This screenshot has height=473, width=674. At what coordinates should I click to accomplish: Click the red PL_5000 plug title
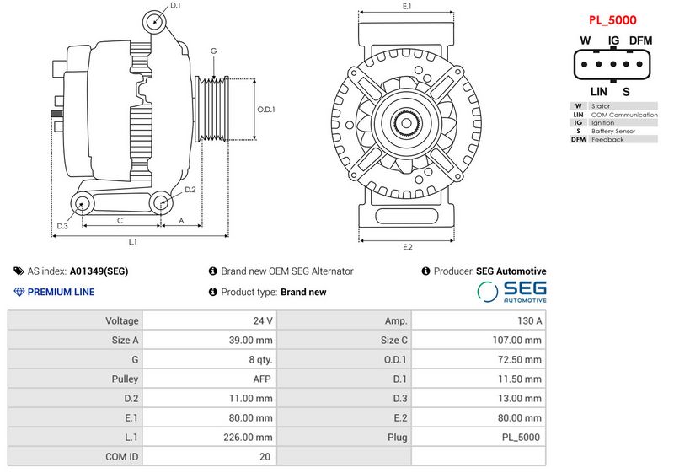click(612, 19)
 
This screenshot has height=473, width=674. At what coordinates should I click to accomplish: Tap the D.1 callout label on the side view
click(174, 6)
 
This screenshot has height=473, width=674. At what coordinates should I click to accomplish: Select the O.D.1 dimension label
click(266, 110)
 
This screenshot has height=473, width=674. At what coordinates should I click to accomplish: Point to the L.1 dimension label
click(133, 242)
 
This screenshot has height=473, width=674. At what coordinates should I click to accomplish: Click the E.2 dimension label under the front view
click(408, 247)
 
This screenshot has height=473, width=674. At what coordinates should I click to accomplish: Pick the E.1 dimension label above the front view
click(407, 7)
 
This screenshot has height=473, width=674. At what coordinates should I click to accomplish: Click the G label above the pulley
click(214, 51)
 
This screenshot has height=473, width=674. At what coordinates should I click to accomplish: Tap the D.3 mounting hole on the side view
click(83, 202)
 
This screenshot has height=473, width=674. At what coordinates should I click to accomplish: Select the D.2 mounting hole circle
click(160, 202)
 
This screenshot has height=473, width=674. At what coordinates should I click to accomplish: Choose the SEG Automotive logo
click(512, 292)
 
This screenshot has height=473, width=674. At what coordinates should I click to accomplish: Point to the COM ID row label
click(122, 457)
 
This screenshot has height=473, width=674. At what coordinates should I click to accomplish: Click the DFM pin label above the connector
click(640, 40)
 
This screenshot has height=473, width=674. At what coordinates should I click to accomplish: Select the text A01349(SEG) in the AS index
click(99, 271)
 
